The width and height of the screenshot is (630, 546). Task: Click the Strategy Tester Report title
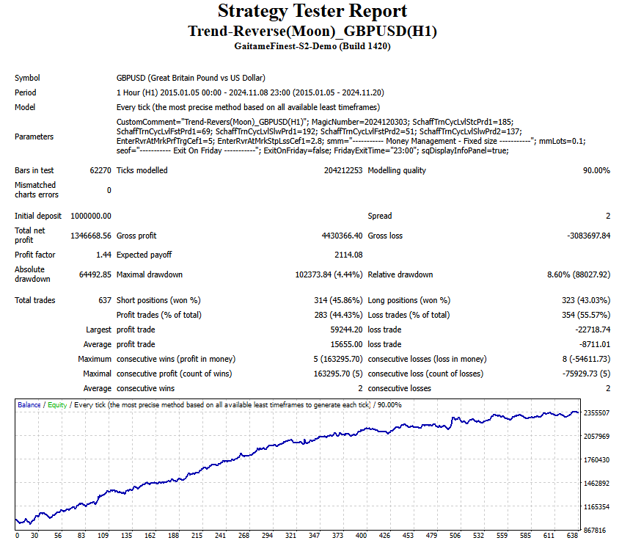(312, 11)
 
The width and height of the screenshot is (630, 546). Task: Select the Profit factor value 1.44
(103, 255)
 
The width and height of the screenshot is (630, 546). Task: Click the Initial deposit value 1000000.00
(90, 216)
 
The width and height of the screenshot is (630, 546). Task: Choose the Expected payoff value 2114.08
(347, 255)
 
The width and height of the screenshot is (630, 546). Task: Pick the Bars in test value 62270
(99, 170)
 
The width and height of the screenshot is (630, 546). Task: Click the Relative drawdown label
(400, 274)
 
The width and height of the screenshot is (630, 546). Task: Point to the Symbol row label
(27, 78)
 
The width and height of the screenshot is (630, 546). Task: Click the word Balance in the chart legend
(29, 405)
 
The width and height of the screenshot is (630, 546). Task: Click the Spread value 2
(608, 216)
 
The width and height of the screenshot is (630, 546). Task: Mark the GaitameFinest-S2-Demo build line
(312, 45)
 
